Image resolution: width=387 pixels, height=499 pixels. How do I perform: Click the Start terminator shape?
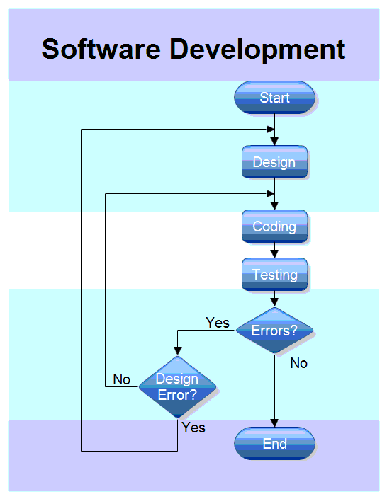[274, 98]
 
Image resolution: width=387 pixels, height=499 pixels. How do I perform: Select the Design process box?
[274, 162]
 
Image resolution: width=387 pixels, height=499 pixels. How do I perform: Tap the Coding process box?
[274, 226]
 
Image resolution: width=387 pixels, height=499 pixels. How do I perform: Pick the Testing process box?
[274, 275]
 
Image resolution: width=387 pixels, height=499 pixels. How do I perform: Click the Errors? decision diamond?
[274, 331]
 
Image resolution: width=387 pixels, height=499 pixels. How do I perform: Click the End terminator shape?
[274, 444]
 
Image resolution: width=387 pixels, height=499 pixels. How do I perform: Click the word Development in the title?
[257, 50]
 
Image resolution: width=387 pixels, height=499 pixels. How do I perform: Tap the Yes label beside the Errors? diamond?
[218, 323]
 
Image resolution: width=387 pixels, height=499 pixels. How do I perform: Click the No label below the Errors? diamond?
[299, 363]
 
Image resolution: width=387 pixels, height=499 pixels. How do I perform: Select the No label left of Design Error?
[122, 380]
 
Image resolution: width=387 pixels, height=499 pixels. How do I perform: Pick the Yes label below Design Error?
[193, 428]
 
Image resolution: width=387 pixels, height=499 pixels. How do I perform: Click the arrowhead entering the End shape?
[274, 423]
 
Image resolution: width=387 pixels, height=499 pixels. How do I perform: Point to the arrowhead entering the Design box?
[274, 142]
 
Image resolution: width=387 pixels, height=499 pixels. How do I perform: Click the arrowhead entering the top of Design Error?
[176, 351]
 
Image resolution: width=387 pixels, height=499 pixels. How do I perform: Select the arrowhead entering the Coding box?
[274, 205]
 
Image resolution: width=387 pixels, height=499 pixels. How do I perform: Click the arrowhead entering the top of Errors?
[274, 303]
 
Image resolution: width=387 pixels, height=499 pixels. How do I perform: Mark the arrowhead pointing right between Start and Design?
[270, 130]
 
